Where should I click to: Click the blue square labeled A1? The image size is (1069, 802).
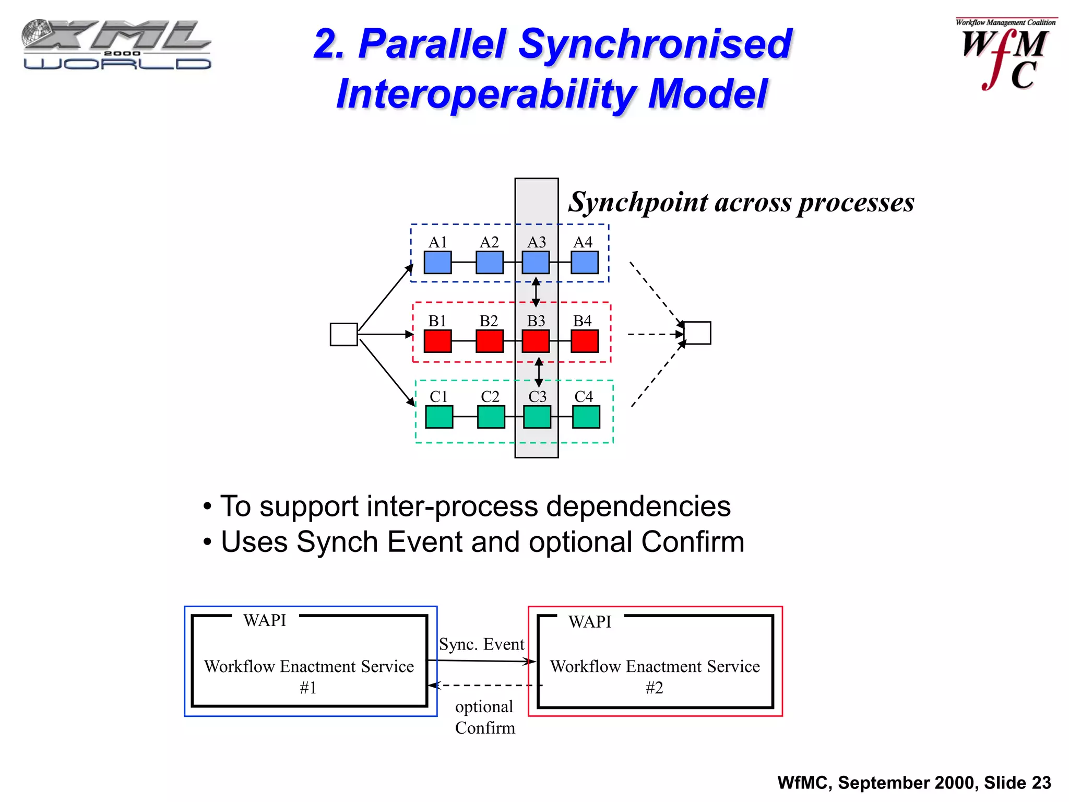(437, 262)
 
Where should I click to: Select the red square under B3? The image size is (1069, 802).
(536, 341)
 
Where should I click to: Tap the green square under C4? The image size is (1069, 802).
(586, 417)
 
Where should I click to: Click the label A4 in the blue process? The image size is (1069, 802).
(583, 242)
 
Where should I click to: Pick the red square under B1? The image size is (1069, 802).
(437, 341)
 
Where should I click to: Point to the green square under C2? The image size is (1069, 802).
(491, 417)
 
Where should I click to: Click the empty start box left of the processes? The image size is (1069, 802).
(343, 334)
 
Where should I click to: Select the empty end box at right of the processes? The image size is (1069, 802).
(697, 333)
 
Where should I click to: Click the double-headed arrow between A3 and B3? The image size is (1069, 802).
(536, 292)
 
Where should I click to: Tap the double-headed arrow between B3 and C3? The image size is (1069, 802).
(539, 372)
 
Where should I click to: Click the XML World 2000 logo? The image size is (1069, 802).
(117, 45)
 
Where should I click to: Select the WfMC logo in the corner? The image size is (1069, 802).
(1004, 55)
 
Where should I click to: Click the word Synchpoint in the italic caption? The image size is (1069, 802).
(638, 203)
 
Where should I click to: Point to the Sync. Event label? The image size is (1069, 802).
(481, 644)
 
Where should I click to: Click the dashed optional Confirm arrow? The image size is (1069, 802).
(485, 685)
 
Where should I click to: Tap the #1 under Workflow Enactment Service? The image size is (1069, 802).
(308, 688)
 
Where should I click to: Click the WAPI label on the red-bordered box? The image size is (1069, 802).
(590, 622)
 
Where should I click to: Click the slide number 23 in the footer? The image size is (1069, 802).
(1041, 783)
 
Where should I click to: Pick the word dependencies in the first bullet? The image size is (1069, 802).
(635, 506)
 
